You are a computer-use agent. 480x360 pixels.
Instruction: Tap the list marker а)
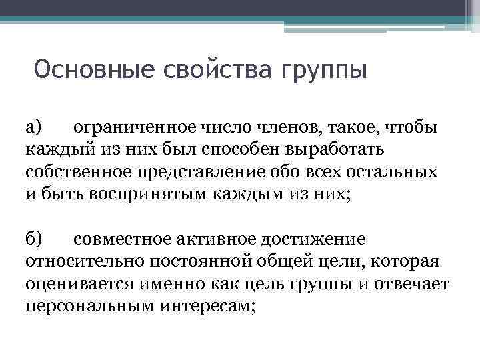[x=34, y=127]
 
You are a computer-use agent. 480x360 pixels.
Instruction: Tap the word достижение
[x=319, y=239]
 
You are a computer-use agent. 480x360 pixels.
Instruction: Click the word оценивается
[x=80, y=284]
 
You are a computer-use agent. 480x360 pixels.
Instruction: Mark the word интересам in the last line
[x=206, y=307]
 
